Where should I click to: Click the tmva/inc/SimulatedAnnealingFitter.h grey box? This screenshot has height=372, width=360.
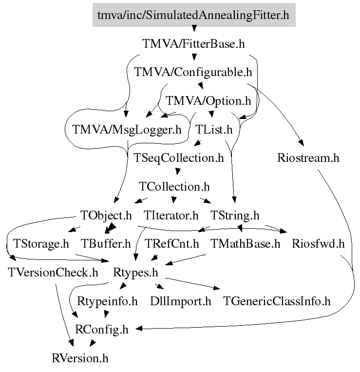coord(193,15)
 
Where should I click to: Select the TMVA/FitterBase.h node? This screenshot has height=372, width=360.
coord(193,44)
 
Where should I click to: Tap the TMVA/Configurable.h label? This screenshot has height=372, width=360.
coord(193,73)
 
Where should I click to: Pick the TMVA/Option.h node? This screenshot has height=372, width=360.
coord(208,101)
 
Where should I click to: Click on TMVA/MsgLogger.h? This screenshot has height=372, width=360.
coord(127,130)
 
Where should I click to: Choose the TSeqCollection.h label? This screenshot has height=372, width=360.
coord(179,158)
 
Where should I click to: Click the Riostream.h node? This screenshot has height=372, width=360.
coord(308,158)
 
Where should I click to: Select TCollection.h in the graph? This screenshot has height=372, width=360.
coord(174,187)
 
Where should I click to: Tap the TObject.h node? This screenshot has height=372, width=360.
coord(106,215)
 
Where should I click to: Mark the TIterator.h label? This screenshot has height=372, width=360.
coord(171,215)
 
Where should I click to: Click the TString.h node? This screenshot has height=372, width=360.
coord(235,215)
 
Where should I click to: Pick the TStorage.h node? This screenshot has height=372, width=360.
coord(41,243)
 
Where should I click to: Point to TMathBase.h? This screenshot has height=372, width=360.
coord(246,243)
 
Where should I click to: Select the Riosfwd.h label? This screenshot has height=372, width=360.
coord(318,243)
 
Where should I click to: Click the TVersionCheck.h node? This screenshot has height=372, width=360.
coord(54,272)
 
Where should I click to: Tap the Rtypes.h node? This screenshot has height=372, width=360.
coord(138,272)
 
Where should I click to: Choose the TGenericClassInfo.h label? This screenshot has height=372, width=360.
coord(277,301)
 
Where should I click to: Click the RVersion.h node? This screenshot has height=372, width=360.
coord(80,358)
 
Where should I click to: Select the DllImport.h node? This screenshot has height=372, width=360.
coord(181,301)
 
